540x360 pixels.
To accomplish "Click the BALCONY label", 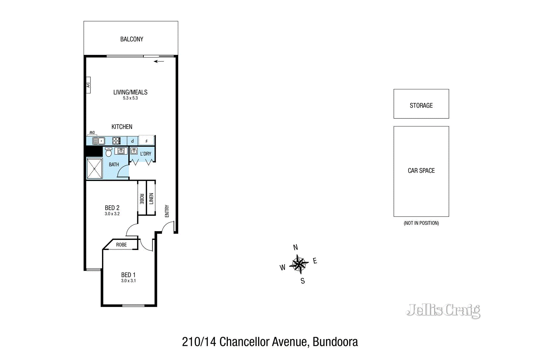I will pos(132,39).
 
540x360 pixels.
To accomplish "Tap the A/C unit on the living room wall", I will pos(88,85).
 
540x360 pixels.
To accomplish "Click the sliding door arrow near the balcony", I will pos(159,61).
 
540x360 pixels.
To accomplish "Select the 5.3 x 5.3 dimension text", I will pos(130,98).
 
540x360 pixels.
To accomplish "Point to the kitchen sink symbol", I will pos(99,141).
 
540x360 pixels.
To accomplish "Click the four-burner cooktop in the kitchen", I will pos(116,141).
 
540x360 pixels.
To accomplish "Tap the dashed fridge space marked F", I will pos(146,140).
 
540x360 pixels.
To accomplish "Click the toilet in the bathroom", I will pos(108,152).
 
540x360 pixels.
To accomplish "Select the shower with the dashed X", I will pos(94,168).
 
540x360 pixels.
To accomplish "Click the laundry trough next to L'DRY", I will pos(134,151).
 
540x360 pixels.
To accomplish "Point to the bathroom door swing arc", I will pos(122,170).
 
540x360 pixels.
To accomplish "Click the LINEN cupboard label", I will pos(151,198).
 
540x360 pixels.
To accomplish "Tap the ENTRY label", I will pos(167,211).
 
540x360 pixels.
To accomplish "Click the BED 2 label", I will pos(112,208).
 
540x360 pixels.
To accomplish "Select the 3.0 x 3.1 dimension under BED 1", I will pos(128,281).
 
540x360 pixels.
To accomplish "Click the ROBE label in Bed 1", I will pos(122,245).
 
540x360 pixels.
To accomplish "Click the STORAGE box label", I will pos(421,106).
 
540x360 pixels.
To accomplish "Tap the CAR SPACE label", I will pos(421,171).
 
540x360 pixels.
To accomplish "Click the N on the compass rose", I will pos(295,247).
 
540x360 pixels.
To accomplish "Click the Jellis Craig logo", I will pos(443,310).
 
